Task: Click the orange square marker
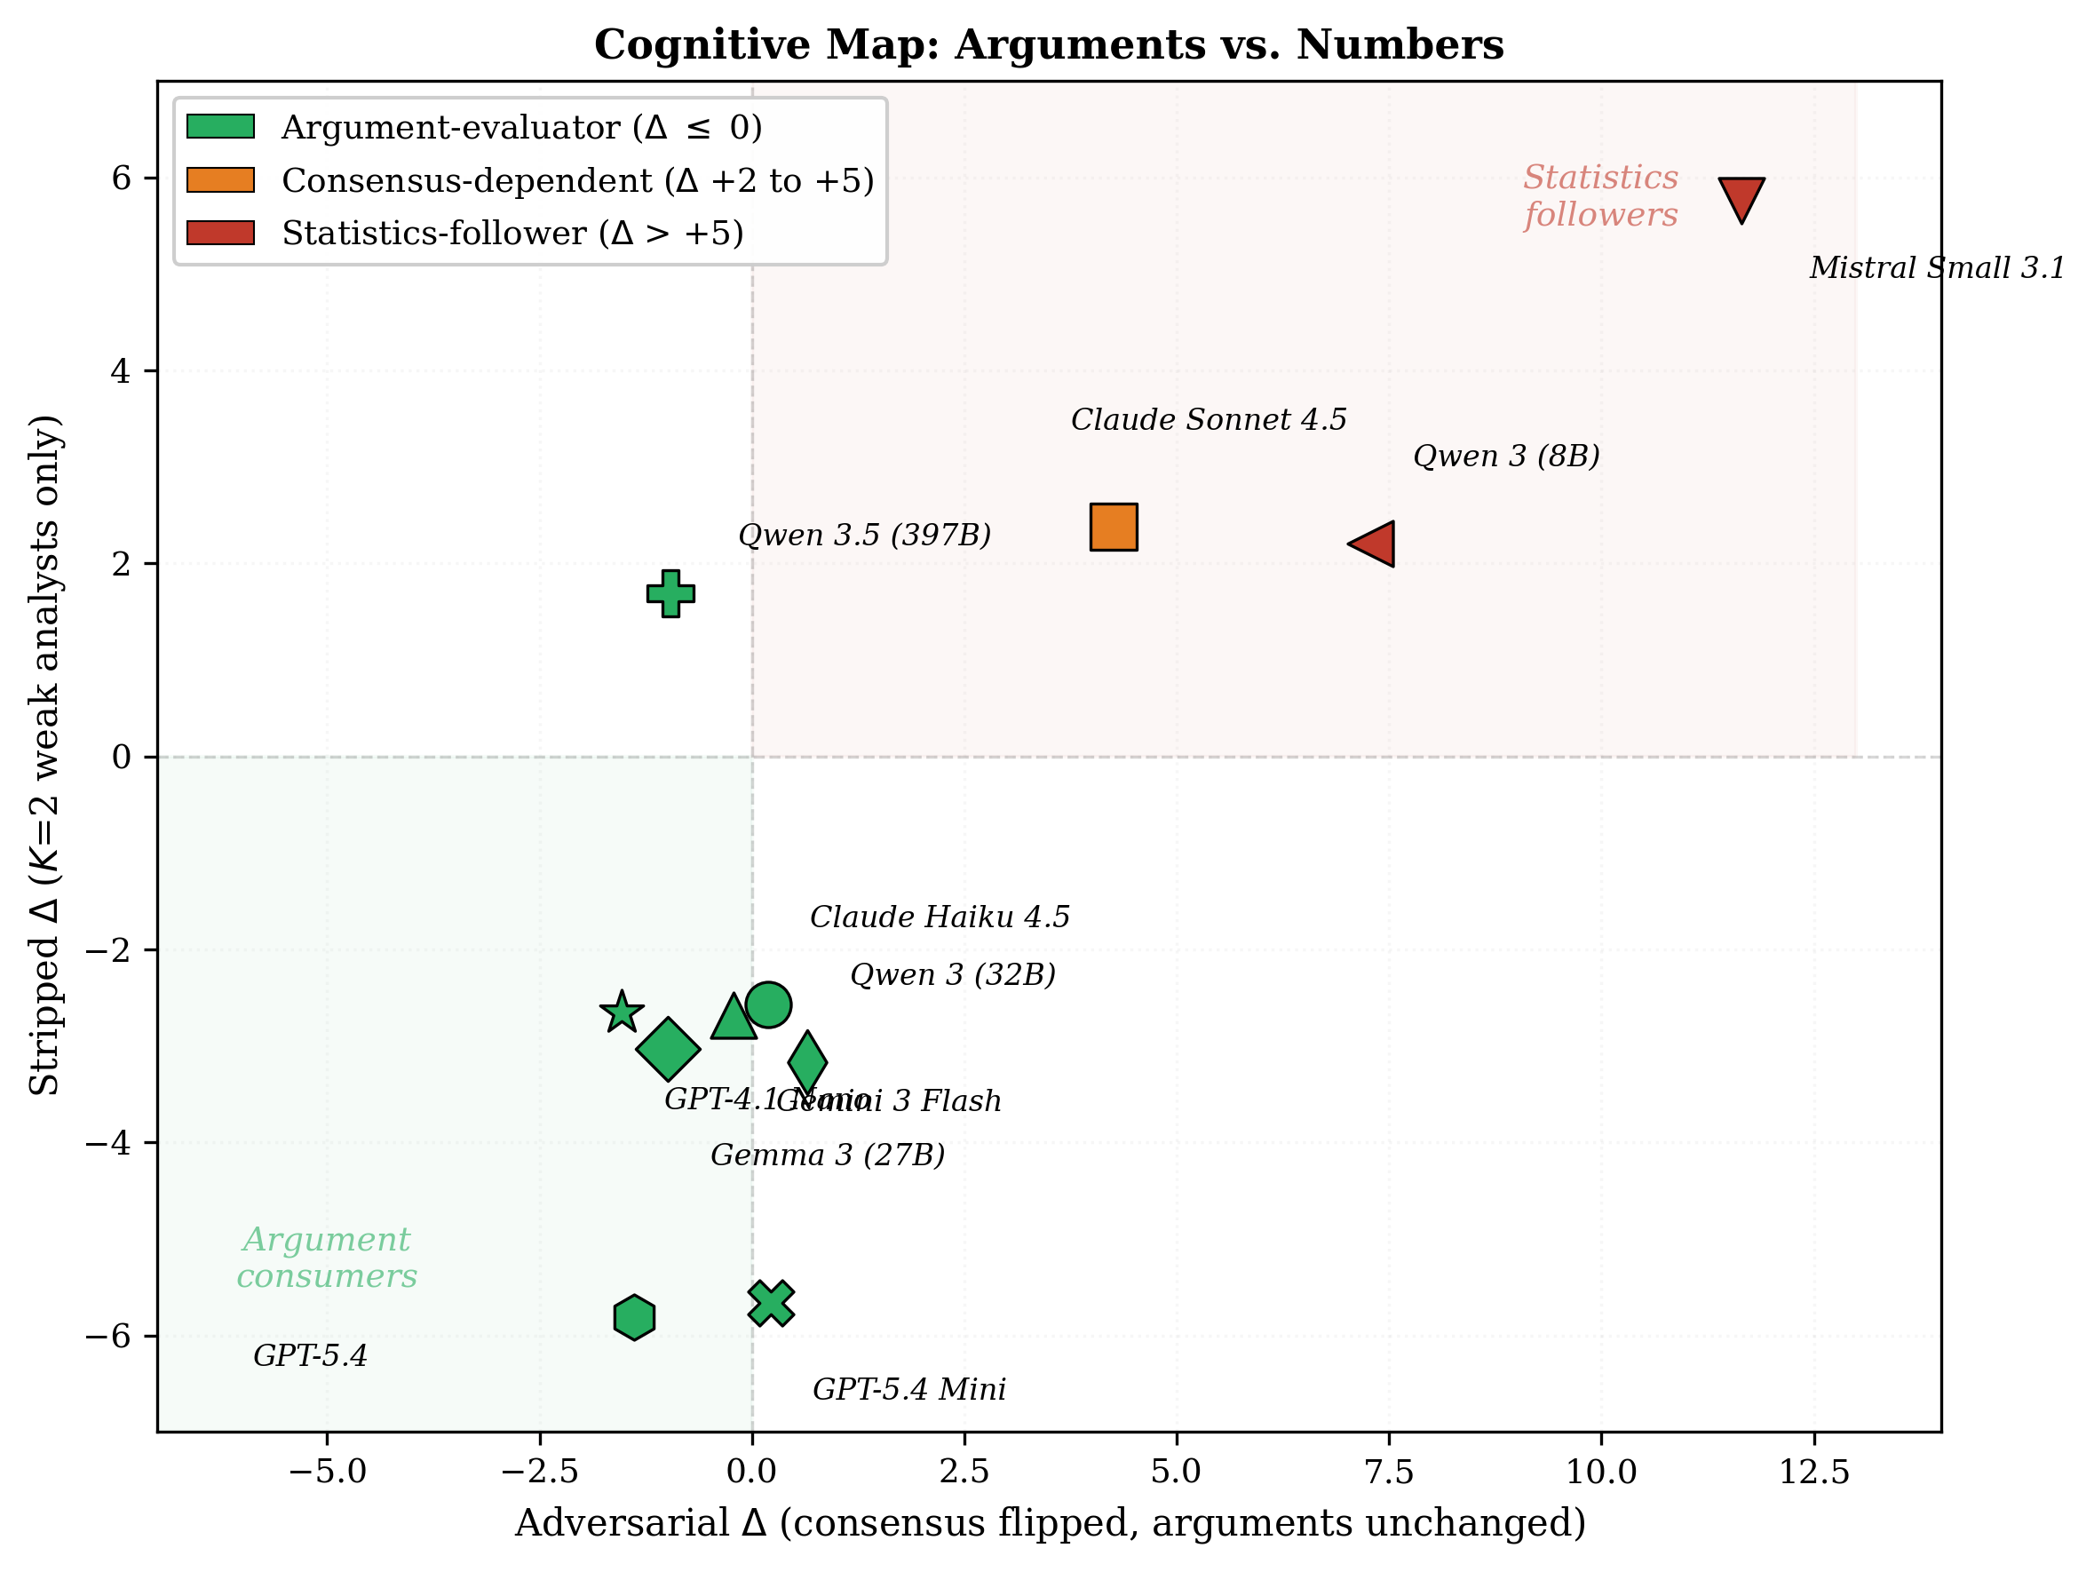(x=1114, y=527)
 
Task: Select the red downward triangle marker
(x=1741, y=196)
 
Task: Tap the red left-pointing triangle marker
(x=1375, y=544)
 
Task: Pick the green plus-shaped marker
(x=670, y=594)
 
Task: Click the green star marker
(x=621, y=1012)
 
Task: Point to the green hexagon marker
(x=633, y=1317)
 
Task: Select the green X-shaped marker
(x=771, y=1304)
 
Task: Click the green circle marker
(x=768, y=1004)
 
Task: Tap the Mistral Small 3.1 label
(x=1936, y=268)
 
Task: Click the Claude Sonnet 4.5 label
(x=1208, y=419)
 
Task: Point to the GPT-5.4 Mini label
(x=908, y=1389)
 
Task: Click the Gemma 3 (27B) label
(x=828, y=1155)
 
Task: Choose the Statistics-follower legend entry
(x=512, y=233)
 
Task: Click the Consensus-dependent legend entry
(x=576, y=180)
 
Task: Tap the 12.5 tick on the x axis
(x=1813, y=1472)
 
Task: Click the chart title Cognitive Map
(x=1049, y=44)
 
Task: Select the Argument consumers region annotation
(x=327, y=1258)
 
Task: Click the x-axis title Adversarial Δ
(x=1049, y=1524)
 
